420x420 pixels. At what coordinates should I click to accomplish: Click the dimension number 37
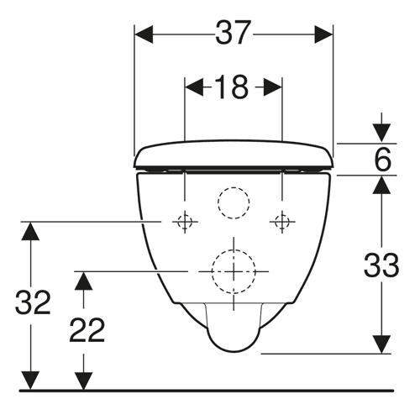point(232,33)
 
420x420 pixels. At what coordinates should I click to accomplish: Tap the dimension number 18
point(232,87)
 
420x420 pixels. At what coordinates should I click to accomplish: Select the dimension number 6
point(382,160)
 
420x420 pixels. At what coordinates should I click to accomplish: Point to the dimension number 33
point(381,265)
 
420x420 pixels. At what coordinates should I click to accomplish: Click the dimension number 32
point(33,302)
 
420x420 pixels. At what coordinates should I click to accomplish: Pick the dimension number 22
point(87,330)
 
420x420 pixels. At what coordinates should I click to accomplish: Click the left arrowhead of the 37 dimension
point(144,34)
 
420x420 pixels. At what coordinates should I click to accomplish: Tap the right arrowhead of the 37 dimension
point(323,34)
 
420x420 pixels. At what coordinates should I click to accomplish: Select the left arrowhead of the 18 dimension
point(194,87)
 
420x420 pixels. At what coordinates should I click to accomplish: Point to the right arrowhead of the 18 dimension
point(273,87)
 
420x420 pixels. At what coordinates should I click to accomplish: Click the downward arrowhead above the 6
point(381,133)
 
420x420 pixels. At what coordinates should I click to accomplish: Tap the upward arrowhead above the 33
point(381,185)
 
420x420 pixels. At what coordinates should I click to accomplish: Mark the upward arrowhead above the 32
point(30,231)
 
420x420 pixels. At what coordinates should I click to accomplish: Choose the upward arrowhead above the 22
point(83,281)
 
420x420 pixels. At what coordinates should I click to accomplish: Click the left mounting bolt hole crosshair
point(185,222)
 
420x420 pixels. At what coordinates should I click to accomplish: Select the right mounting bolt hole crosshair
point(282,222)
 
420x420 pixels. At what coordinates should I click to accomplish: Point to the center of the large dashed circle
point(234,271)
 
